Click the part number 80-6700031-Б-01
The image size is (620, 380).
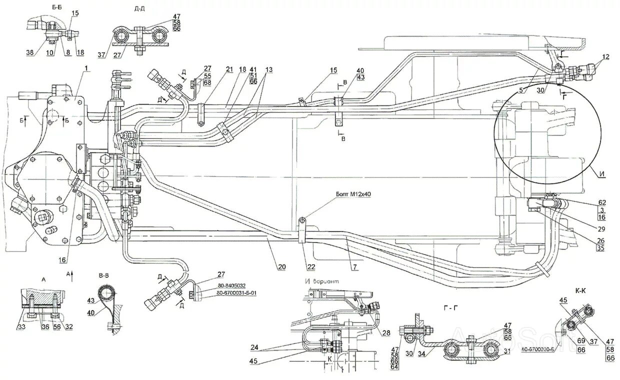tap(237, 294)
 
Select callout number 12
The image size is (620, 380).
tap(606, 56)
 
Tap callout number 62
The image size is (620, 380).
tap(602, 202)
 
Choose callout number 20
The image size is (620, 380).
tap(282, 267)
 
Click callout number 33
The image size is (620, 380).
tap(21, 327)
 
